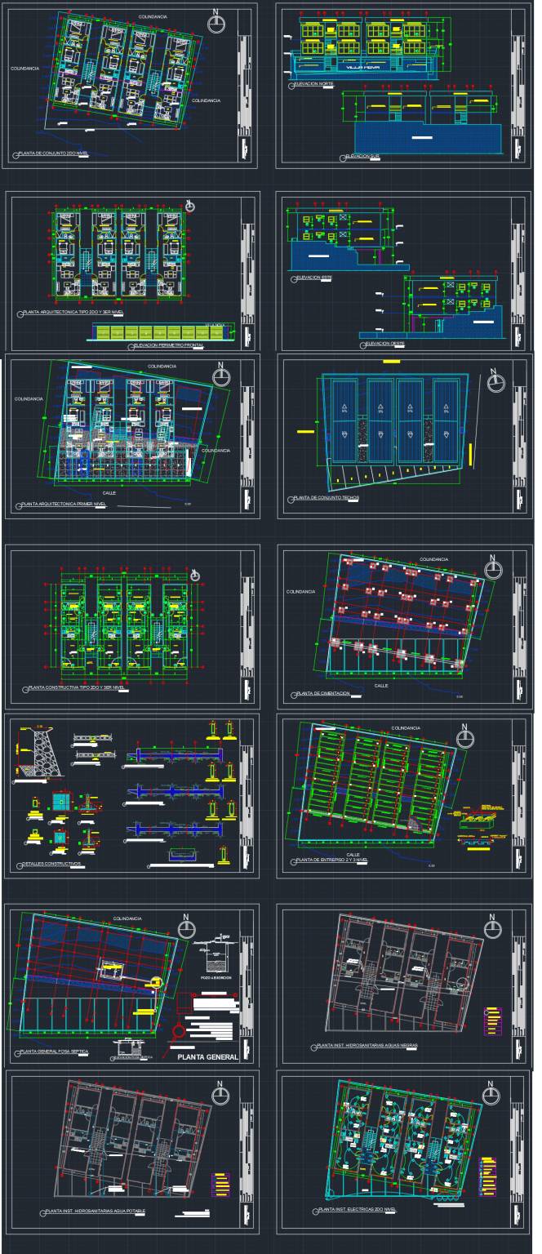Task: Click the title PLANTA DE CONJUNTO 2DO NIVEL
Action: click(53, 153)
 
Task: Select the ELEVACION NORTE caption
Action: click(314, 84)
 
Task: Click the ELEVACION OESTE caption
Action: click(384, 344)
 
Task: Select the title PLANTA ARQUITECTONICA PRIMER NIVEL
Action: click(65, 505)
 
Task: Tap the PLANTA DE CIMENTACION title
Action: click(323, 693)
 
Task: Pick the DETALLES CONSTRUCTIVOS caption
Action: click(50, 863)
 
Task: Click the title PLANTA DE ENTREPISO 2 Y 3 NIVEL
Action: click(333, 860)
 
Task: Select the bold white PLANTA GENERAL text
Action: click(207, 1056)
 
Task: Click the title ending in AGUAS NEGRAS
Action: click(367, 1046)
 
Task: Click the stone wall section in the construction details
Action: click(38, 754)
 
